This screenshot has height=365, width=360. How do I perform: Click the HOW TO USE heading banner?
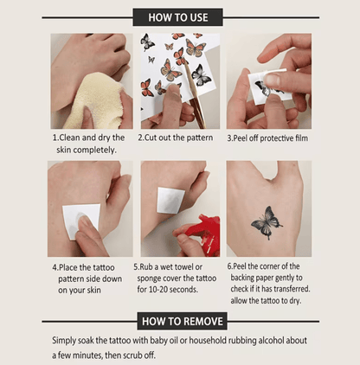(x=177, y=17)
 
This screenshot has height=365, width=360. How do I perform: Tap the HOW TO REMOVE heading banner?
(x=183, y=321)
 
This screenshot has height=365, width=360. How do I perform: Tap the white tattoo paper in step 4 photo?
(x=81, y=221)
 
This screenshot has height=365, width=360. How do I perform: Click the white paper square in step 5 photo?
(x=170, y=200)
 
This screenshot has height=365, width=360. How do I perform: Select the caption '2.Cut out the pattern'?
(x=176, y=138)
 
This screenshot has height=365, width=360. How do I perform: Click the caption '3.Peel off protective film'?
(x=267, y=138)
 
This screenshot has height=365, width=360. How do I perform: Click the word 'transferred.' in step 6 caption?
(x=292, y=289)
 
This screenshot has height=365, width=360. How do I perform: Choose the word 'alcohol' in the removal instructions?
(x=271, y=340)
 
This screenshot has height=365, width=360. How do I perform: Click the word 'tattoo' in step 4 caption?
(x=103, y=267)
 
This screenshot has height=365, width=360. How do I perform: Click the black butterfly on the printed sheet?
(x=201, y=75)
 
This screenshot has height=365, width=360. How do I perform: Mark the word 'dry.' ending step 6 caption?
(x=295, y=301)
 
